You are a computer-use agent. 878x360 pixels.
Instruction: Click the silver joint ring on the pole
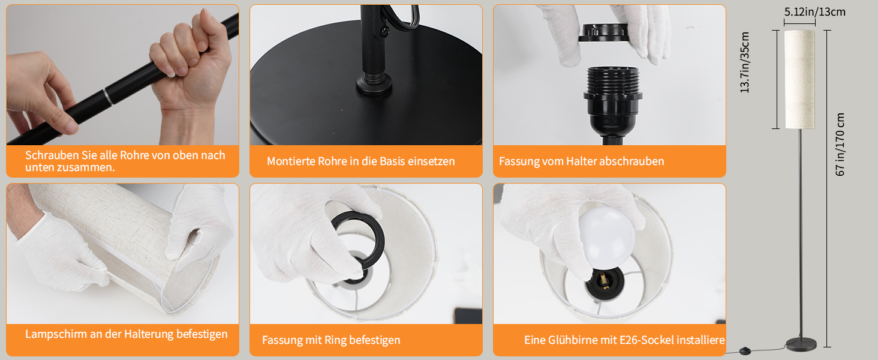(x=108, y=97)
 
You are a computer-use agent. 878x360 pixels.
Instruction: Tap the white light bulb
(x=607, y=238)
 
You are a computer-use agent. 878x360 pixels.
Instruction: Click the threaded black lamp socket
(x=613, y=103)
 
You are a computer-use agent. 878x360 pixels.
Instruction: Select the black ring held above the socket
(x=603, y=32)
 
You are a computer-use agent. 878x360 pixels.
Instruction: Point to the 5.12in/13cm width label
(x=814, y=12)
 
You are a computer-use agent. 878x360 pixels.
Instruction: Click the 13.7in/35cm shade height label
(x=744, y=62)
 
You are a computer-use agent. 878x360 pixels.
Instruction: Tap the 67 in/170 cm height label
(x=840, y=145)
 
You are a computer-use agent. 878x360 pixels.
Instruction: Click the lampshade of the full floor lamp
(x=799, y=79)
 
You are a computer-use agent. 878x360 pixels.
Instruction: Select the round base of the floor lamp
(x=801, y=344)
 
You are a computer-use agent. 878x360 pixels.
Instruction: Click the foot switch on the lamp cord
(x=744, y=349)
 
